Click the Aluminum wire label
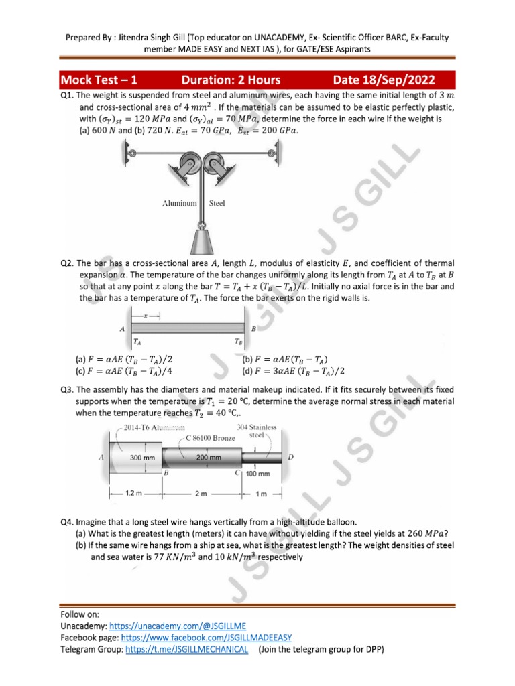tap(179, 202)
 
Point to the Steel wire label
tap(217, 202)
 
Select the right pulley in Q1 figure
tap(216, 161)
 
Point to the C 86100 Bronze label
tap(212, 438)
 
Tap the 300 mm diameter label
tap(143, 457)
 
